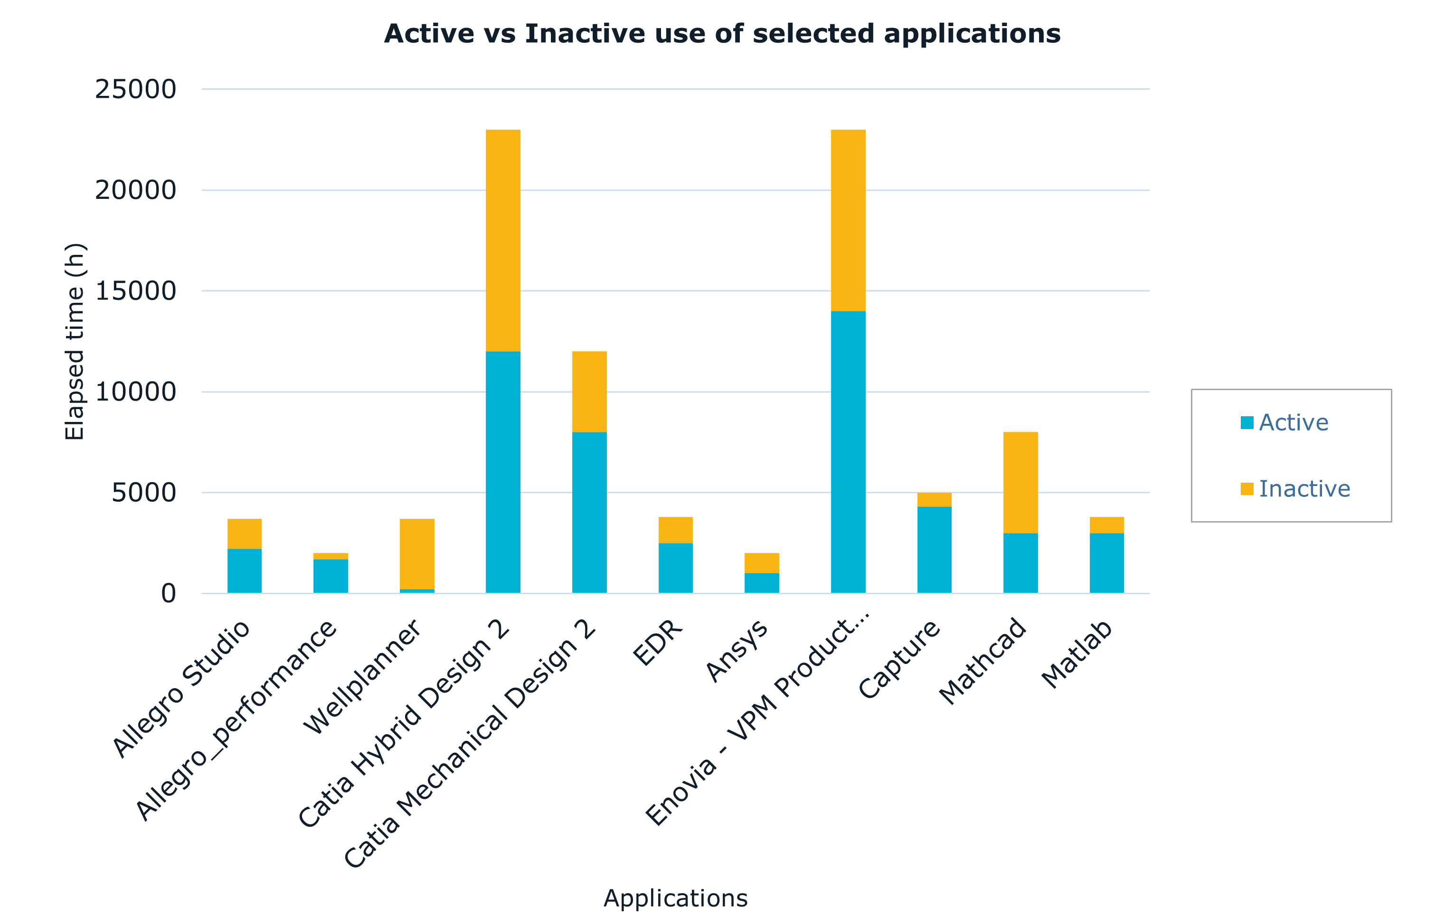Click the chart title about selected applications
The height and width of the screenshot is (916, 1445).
(x=722, y=34)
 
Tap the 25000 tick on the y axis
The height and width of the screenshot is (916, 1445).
(x=136, y=89)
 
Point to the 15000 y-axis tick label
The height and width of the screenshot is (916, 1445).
(x=136, y=291)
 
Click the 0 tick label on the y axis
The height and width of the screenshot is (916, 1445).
(x=169, y=593)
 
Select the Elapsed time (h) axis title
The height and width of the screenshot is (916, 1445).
(x=76, y=341)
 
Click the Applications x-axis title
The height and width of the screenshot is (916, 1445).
(x=675, y=898)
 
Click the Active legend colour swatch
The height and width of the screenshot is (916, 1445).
(x=1247, y=422)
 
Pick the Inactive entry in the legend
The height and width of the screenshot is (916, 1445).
(x=1304, y=489)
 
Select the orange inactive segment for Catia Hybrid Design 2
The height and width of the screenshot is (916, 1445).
(x=503, y=240)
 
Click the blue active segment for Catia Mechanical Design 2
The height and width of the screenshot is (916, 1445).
(x=589, y=512)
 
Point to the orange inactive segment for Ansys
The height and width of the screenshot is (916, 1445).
(x=762, y=563)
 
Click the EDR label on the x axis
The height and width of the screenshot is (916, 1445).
(x=658, y=643)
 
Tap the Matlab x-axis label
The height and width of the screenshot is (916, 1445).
(x=1077, y=654)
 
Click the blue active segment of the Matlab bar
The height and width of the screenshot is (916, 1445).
(x=1106, y=563)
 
